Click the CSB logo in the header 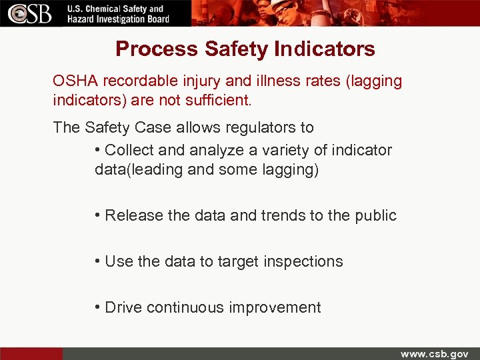click(x=29, y=13)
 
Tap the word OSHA click(x=74, y=81)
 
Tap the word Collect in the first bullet click(x=129, y=151)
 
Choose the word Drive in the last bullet click(x=123, y=307)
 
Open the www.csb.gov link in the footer click(x=434, y=354)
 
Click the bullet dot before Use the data click(x=97, y=261)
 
